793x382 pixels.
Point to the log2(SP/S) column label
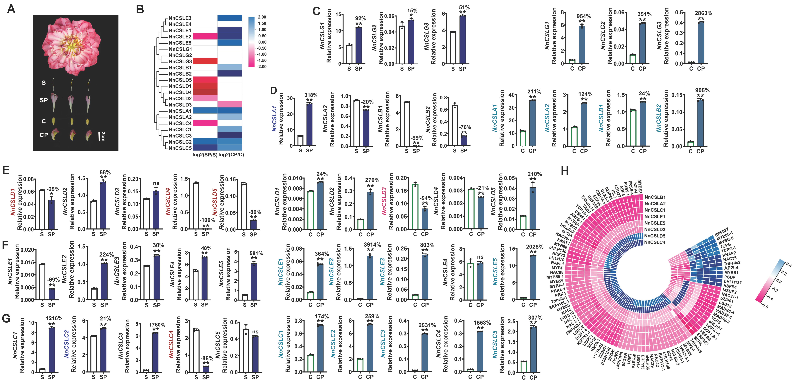pos(205,155)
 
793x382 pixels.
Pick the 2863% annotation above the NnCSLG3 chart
pos(703,13)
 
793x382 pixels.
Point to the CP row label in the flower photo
pos(44,135)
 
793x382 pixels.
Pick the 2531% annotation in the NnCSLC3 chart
pos(427,325)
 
